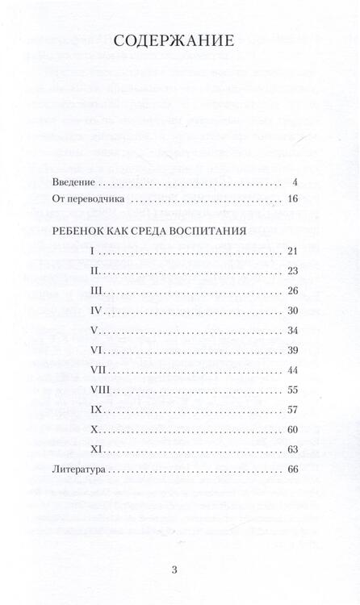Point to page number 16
(292, 198)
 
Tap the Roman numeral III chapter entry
(97, 290)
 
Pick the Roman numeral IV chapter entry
(97, 310)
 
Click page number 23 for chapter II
(292, 270)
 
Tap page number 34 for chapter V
(292, 329)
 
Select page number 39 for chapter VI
(292, 349)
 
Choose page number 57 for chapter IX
(292, 408)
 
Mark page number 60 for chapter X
(292, 428)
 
